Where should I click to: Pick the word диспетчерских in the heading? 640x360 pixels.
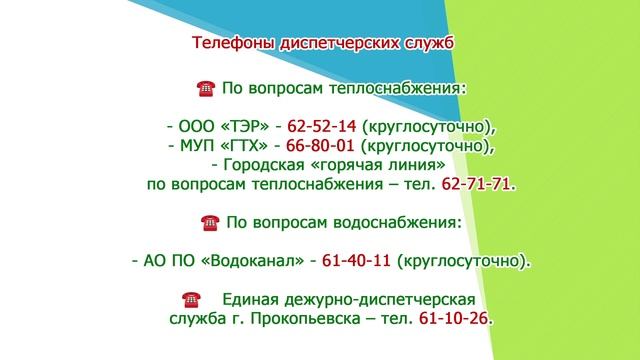click(330, 44)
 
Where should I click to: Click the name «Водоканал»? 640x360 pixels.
click(250, 261)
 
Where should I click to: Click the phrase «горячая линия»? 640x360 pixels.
click(374, 166)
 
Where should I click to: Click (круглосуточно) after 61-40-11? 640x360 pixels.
click(464, 261)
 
